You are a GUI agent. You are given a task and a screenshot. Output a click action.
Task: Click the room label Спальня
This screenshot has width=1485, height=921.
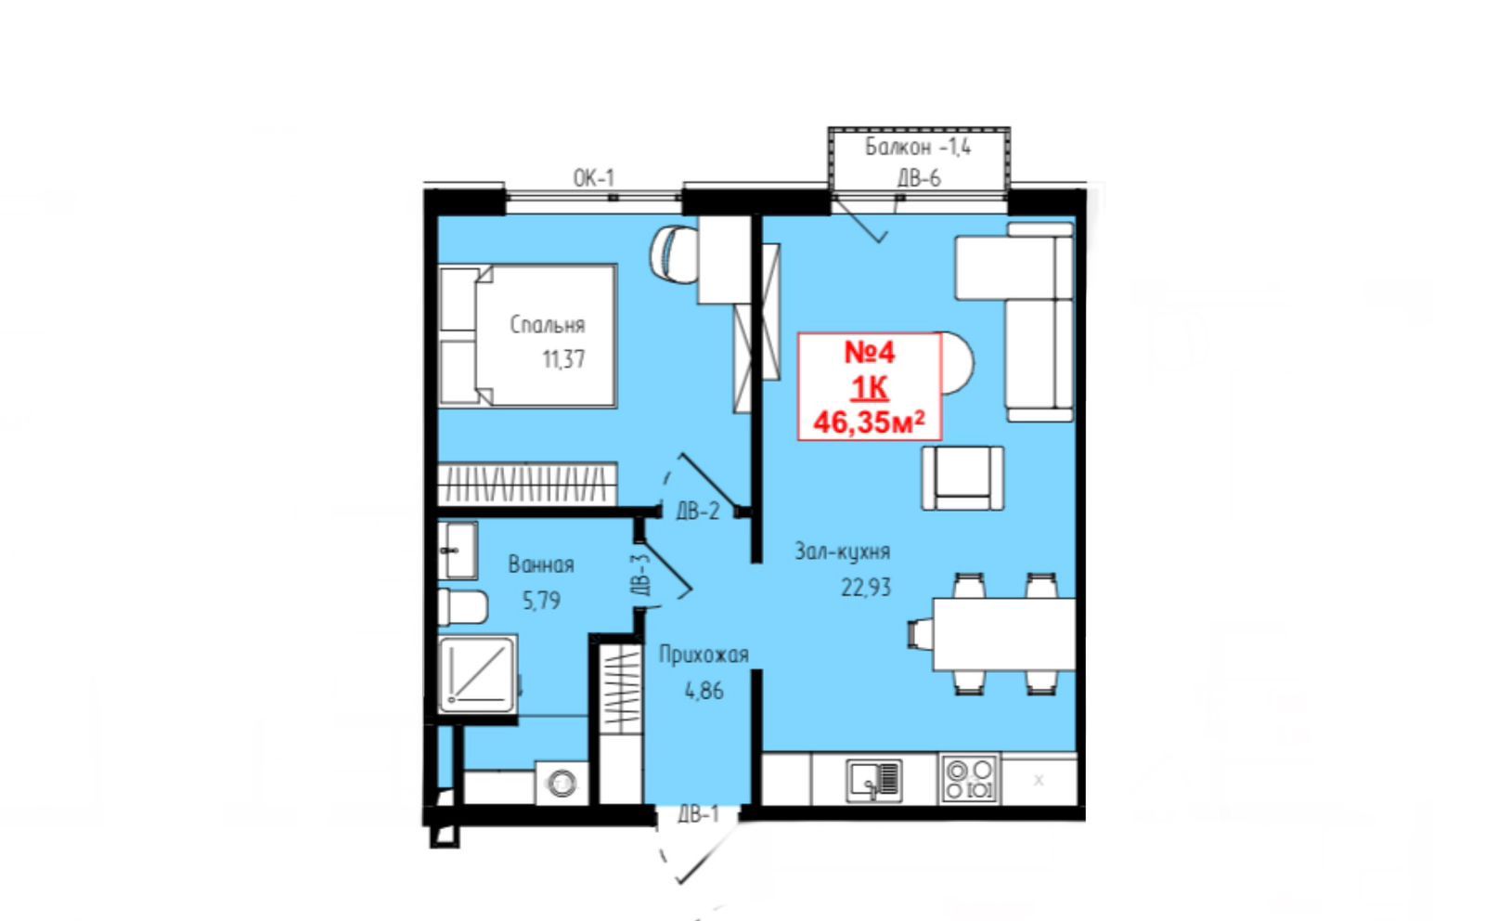548,325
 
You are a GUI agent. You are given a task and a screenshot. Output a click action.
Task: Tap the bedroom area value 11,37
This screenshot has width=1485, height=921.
563,359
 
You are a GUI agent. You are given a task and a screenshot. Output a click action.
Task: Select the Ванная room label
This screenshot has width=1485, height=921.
541,564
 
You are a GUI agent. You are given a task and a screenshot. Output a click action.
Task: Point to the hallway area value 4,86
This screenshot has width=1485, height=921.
704,691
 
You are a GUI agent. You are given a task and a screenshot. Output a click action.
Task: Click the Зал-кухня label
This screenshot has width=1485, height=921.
843,551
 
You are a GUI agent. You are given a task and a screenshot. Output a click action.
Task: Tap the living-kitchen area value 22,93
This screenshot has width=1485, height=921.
866,588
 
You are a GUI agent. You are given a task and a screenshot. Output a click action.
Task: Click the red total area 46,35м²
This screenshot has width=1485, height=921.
869,422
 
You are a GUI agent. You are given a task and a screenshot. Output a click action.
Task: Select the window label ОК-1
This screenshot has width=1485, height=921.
594,177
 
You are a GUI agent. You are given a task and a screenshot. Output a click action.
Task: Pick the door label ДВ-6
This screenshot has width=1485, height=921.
919,177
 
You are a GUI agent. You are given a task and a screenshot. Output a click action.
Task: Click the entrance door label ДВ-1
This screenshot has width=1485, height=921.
698,814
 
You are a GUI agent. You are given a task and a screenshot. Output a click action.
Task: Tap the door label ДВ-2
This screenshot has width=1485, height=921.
697,512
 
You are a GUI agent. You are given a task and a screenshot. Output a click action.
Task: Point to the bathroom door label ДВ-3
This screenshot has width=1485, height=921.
641,574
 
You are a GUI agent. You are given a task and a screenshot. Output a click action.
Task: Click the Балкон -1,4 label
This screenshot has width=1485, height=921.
918,148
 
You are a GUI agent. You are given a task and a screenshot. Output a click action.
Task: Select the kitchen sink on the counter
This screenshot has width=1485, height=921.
874,780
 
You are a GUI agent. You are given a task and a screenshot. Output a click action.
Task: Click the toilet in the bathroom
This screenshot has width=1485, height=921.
463,606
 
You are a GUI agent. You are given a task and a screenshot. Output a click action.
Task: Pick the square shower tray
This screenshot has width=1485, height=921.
477,674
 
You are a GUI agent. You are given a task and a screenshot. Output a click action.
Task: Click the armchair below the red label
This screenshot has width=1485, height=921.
962,478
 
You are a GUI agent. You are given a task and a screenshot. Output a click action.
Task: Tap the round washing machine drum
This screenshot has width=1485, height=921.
562,783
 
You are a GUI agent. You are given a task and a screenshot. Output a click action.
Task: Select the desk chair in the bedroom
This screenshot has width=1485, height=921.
674,254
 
